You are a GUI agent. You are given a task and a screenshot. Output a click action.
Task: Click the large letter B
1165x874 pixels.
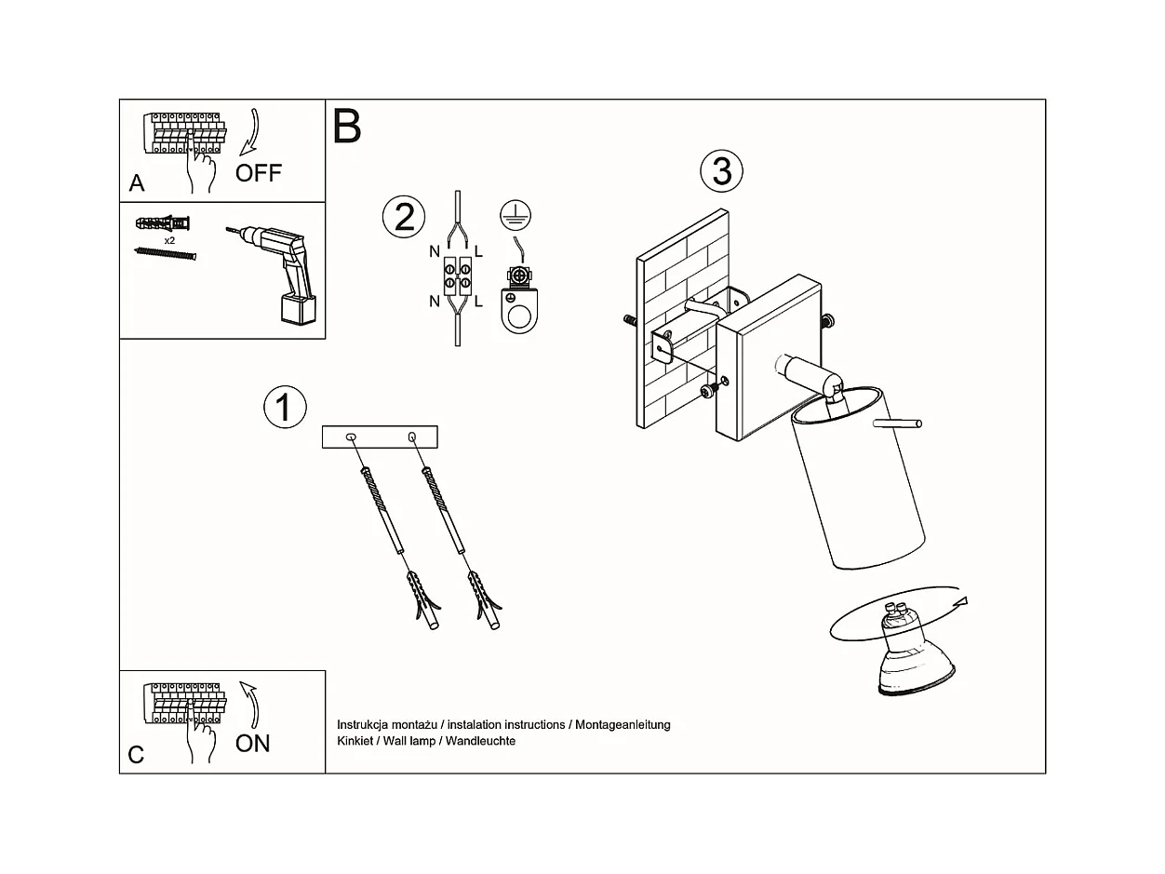point(346,127)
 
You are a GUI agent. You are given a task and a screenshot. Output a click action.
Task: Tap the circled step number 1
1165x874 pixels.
point(285,408)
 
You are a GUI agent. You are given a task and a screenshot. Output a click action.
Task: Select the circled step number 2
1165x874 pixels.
point(404,217)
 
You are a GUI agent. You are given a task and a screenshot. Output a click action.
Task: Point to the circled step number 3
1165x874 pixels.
point(722,171)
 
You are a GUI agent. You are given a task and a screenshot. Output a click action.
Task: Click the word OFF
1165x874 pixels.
point(258,173)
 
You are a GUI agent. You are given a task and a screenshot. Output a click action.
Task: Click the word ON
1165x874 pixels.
point(252,744)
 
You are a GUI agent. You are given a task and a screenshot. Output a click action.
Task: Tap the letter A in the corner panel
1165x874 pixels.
point(137,183)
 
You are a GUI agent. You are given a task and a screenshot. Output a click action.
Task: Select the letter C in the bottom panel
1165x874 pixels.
point(136,755)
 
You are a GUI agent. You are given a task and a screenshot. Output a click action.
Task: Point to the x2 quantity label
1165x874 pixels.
point(169,240)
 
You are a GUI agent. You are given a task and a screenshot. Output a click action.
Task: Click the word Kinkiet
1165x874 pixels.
point(355,741)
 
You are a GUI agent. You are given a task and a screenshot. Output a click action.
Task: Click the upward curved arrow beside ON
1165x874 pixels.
point(249,706)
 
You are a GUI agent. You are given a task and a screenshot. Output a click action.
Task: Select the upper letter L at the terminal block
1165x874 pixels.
point(478,251)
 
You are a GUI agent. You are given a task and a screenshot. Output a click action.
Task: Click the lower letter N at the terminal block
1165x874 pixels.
point(435,302)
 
